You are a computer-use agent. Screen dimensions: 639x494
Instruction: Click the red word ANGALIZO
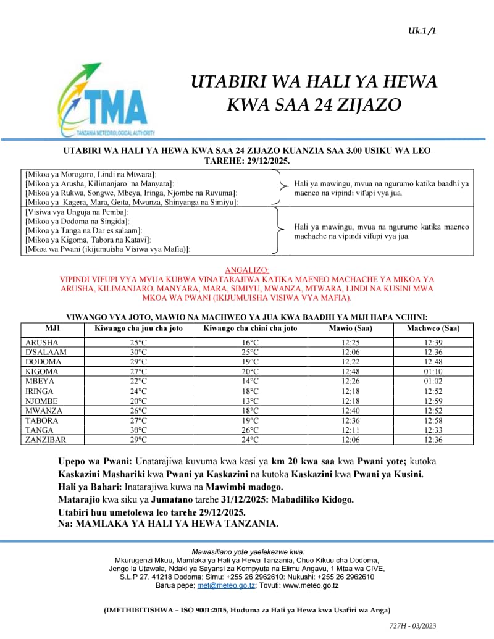tap(247, 270)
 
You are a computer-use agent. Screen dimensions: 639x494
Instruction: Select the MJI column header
tap(52, 328)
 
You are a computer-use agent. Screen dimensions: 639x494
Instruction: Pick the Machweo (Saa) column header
tap(433, 328)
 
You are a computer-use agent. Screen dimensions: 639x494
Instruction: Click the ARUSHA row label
tap(42, 343)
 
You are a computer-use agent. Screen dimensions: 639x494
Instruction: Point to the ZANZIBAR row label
tap(46, 440)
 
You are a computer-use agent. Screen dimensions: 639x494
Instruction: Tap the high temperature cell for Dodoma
tap(138, 362)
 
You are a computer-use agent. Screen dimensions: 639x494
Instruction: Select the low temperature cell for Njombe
tap(250, 401)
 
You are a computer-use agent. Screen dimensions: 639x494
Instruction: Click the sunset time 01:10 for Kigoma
tap(433, 372)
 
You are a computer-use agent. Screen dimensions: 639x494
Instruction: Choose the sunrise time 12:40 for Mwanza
tap(351, 411)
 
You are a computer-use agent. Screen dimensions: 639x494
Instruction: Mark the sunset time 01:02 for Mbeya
tap(433, 382)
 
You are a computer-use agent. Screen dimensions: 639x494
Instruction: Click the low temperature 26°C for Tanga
tap(250, 430)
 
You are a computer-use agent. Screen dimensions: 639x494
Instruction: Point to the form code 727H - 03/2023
tap(412, 625)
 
